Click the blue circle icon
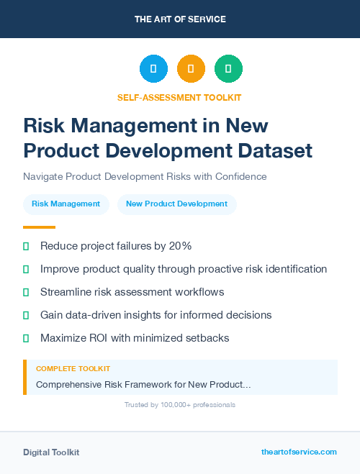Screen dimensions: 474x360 click(153, 69)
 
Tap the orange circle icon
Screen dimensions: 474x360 click(191, 69)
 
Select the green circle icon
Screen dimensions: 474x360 click(228, 69)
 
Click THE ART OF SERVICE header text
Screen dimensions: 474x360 click(180, 19)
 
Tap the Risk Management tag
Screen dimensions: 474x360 click(66, 204)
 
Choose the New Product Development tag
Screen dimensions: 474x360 click(176, 204)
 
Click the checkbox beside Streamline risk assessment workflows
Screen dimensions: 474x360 click(26, 292)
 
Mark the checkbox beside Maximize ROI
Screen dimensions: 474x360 click(26, 338)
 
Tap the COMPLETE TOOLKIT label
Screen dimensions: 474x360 click(73, 369)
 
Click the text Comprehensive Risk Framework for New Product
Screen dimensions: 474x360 click(143, 385)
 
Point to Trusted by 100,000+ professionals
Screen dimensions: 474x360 click(179, 405)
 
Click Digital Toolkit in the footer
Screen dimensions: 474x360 click(51, 452)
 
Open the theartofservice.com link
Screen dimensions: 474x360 click(299, 452)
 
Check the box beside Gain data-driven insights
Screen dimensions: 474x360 click(26, 315)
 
